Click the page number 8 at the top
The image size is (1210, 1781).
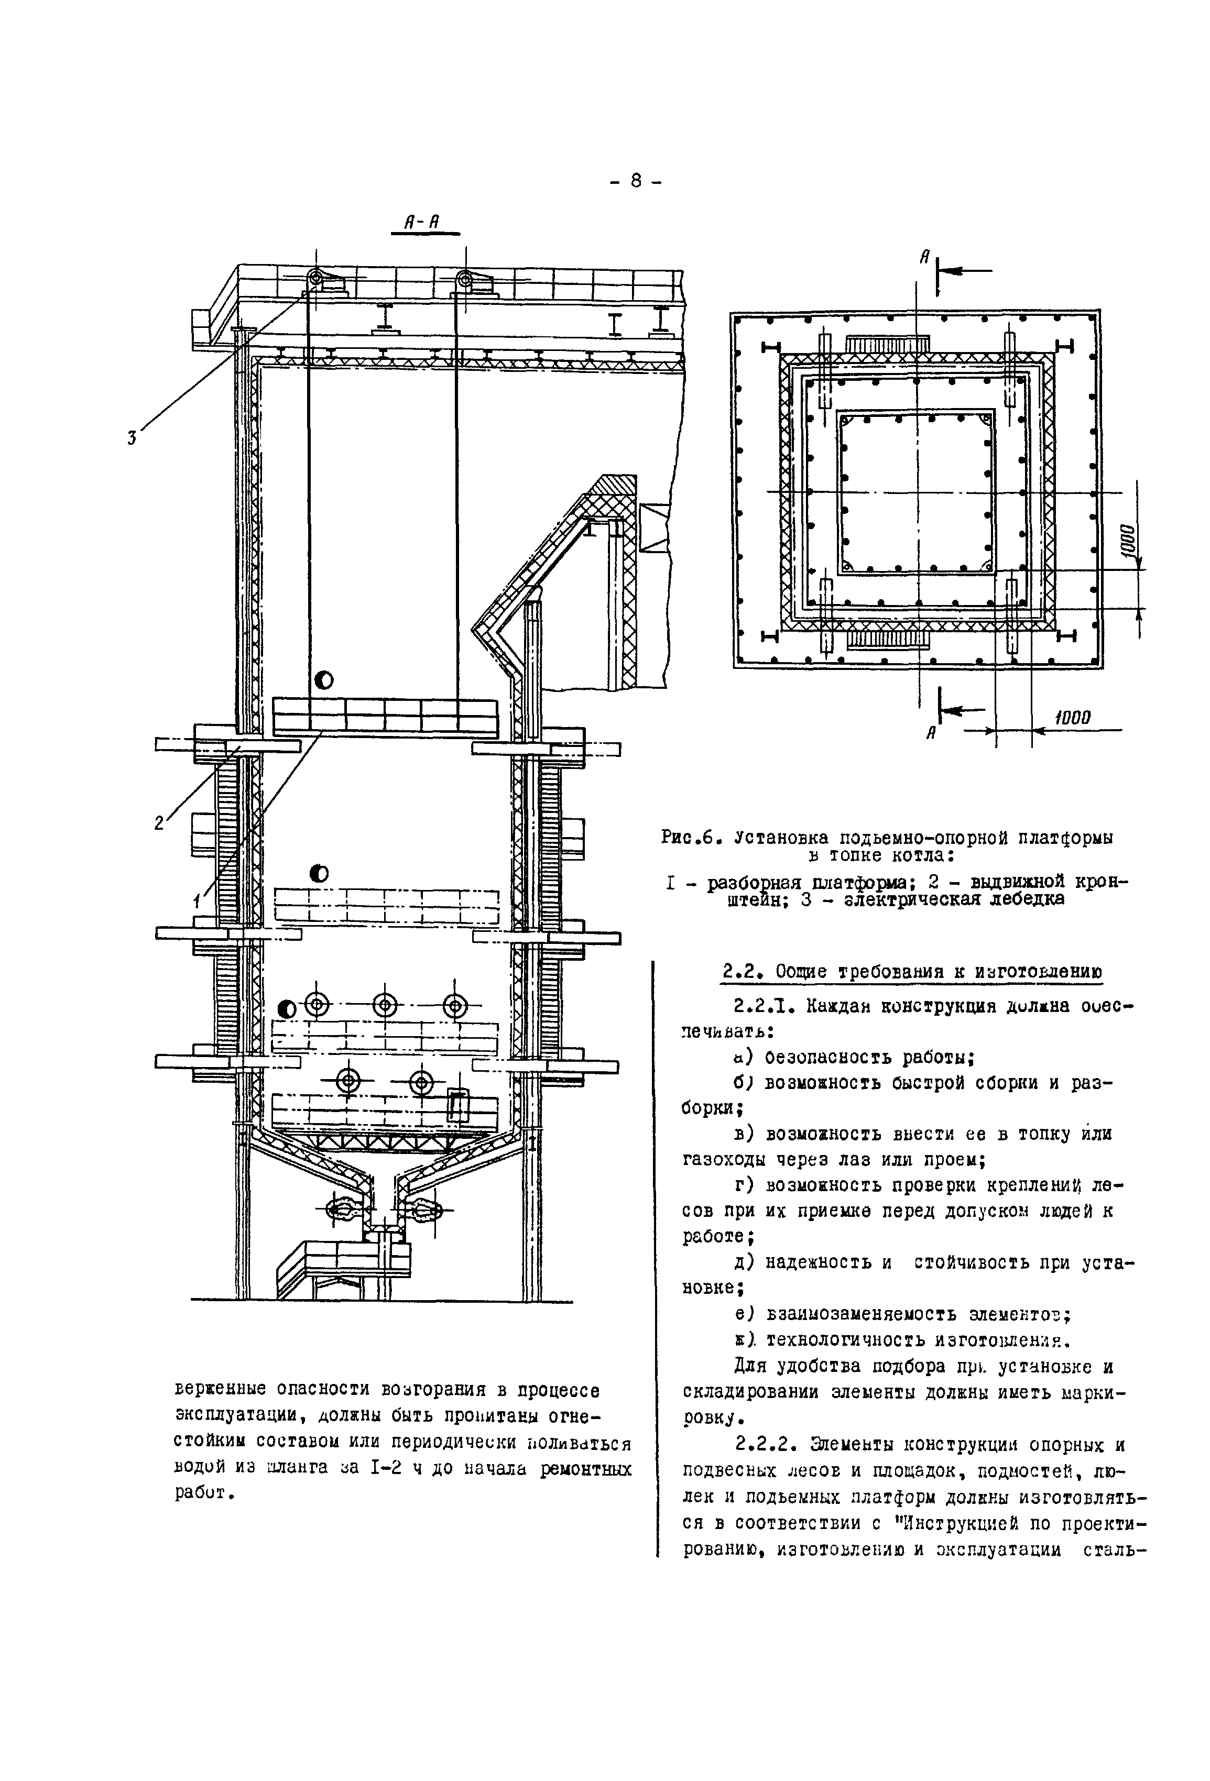tap(636, 182)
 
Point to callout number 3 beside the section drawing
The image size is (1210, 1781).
tap(132, 438)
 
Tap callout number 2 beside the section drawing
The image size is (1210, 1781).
tap(159, 824)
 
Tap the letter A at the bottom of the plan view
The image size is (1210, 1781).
tap(931, 733)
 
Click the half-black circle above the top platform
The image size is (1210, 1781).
tap(323, 680)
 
